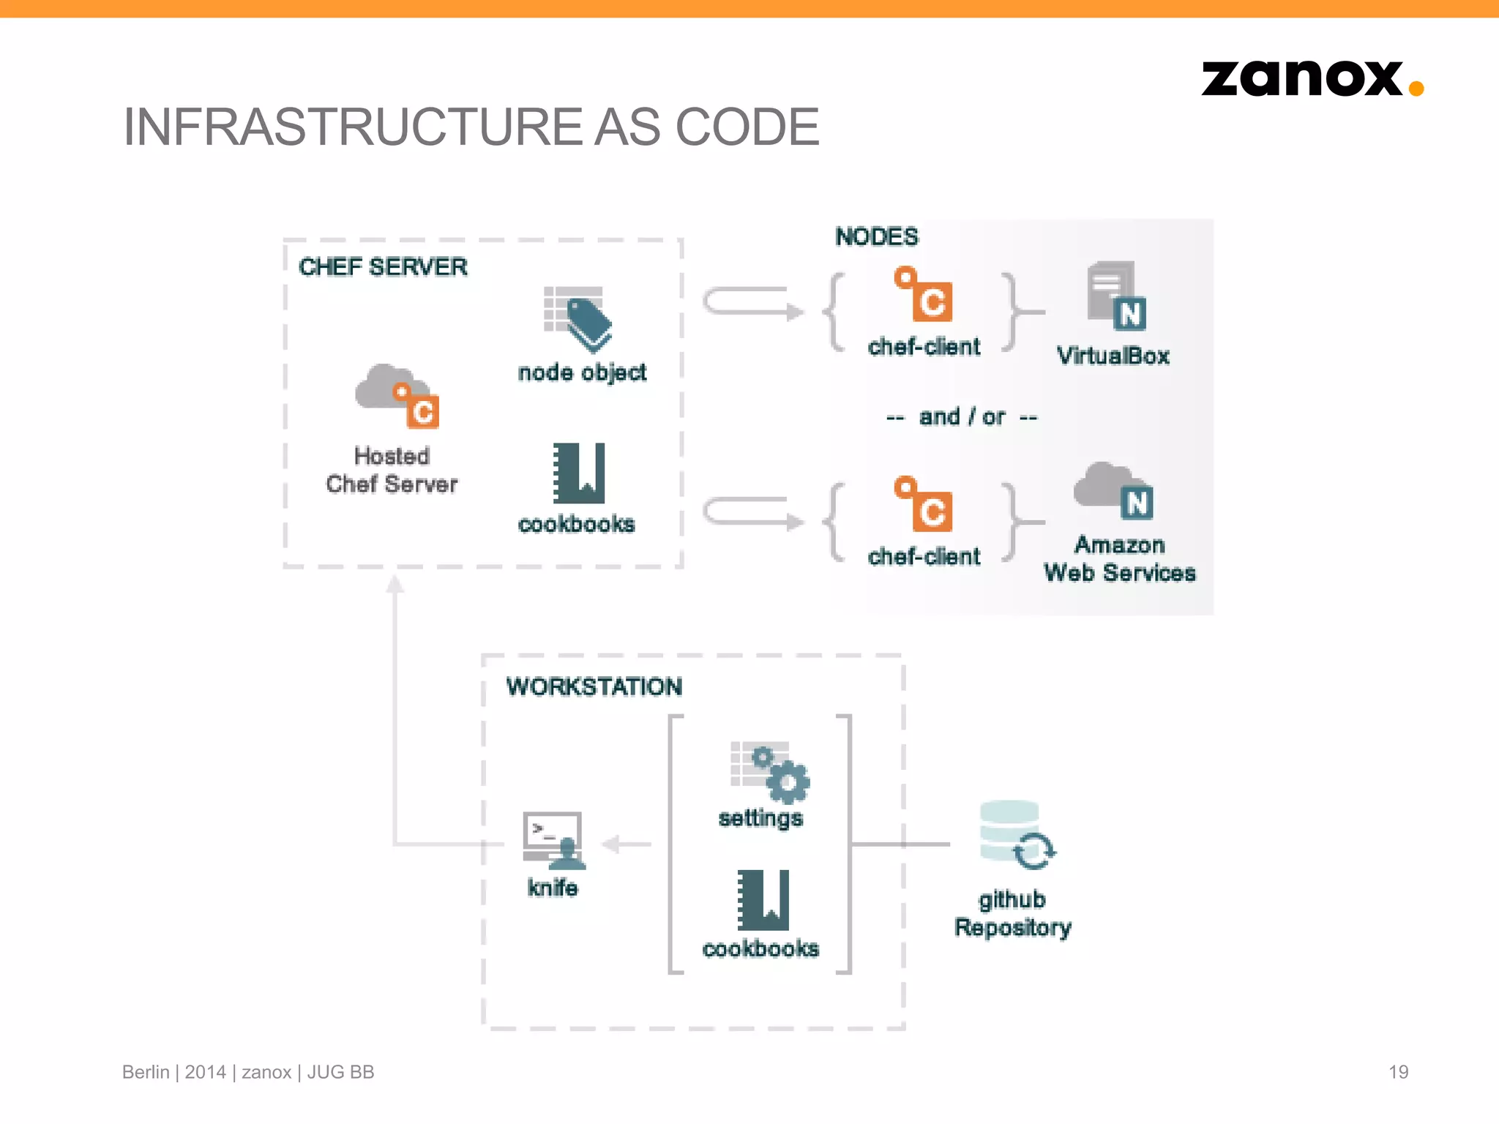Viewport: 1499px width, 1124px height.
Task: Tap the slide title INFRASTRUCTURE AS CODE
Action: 471,127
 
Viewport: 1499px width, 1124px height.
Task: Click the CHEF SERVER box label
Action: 383,267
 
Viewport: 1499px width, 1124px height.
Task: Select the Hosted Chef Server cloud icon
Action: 396,396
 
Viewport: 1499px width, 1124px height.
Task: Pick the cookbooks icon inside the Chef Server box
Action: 579,473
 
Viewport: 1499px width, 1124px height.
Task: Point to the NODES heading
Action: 876,237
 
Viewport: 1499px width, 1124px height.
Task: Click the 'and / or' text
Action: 962,417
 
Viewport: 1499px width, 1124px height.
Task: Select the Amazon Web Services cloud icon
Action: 1113,490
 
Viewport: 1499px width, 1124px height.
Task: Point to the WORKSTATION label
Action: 594,686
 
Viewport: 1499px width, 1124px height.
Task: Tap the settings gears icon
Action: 769,772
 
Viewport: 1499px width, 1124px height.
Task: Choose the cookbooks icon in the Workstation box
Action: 763,900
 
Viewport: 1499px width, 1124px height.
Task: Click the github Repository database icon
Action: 1017,835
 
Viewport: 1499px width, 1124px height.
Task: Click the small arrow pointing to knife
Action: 626,844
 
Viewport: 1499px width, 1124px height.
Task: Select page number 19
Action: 1398,1072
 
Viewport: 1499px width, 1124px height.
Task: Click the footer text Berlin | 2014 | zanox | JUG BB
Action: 248,1072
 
